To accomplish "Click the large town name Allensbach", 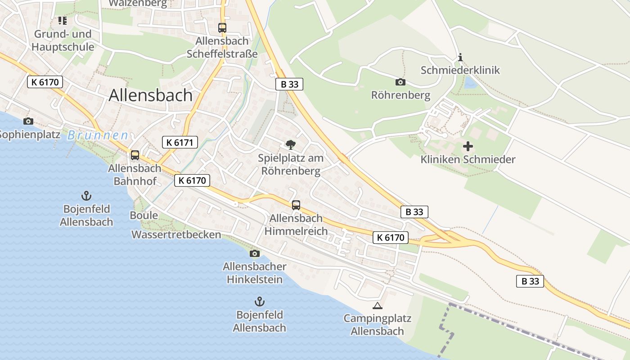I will (x=151, y=95).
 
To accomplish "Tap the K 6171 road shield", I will (x=180, y=143).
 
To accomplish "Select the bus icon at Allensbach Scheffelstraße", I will (x=222, y=27).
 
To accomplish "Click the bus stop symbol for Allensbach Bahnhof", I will (x=135, y=155).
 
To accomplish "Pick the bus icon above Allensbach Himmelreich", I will (x=296, y=205).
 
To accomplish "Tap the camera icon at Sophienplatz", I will (x=28, y=121).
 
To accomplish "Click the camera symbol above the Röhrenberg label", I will (x=400, y=82).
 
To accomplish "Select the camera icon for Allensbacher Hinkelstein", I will (x=255, y=254).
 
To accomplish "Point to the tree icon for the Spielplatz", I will (x=291, y=145).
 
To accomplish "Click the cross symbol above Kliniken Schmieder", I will (x=468, y=146).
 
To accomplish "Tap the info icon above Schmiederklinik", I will (x=460, y=58).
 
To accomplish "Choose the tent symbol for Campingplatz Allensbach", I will (x=377, y=306).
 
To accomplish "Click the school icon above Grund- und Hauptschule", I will (x=62, y=21).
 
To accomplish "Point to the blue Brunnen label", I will (x=98, y=135).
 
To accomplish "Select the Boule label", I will (x=144, y=215).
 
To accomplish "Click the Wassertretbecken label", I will (x=176, y=234).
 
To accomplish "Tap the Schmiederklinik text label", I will (x=460, y=70).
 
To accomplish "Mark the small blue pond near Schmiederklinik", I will (x=470, y=82).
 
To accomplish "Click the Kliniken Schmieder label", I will (x=468, y=159).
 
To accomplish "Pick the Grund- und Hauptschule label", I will (x=63, y=40).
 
